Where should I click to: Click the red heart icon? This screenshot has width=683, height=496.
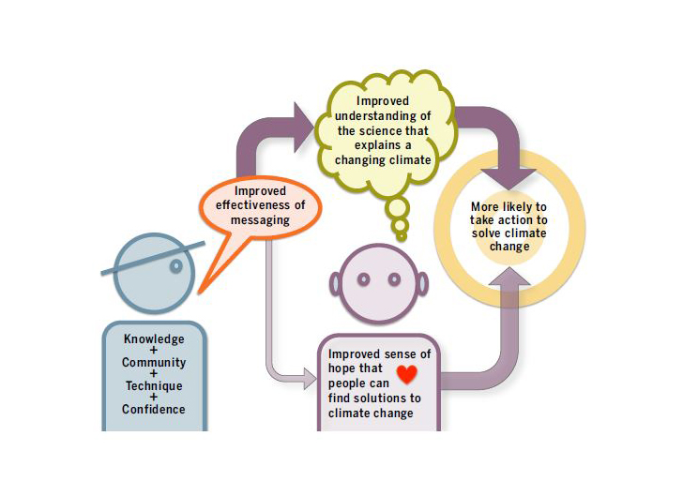click(406, 375)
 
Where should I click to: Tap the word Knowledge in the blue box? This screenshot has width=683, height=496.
click(154, 338)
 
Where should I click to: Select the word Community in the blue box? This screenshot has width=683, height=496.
click(154, 362)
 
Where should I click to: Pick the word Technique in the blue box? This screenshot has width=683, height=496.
click(154, 385)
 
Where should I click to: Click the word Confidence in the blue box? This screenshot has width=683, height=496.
click(154, 409)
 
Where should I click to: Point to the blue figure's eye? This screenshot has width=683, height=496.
click(175, 266)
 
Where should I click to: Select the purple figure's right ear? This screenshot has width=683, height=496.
click(421, 281)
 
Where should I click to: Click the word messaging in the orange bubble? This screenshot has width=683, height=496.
click(261, 220)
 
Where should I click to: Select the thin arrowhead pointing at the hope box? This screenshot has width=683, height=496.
click(311, 379)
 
